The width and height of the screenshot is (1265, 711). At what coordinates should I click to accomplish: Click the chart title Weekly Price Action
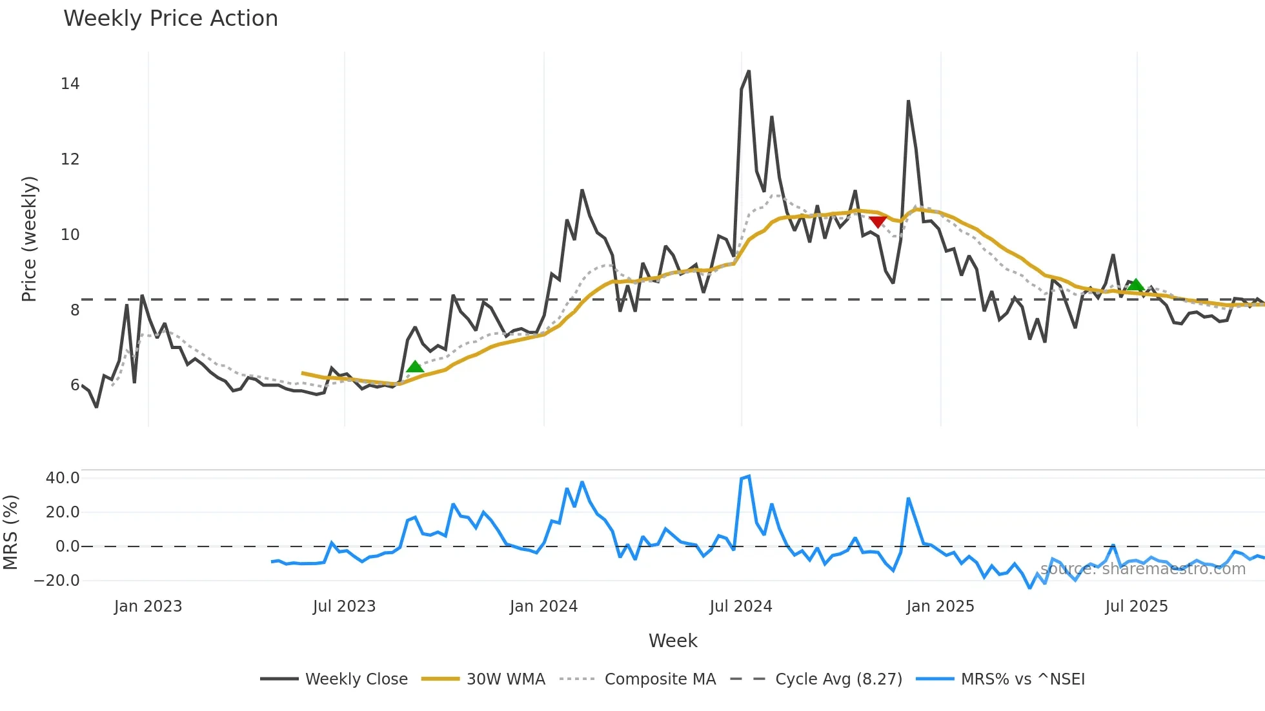pos(170,18)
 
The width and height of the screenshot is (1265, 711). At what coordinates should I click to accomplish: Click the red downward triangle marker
pos(878,222)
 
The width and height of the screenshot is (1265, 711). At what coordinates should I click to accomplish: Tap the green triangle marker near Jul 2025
pos(1136,285)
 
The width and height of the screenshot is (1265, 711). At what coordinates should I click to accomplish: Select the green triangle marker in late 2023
pos(415,366)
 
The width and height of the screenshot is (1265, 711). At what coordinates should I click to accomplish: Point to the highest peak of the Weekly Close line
pos(748,71)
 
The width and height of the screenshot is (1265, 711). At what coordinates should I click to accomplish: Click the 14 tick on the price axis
pos(70,83)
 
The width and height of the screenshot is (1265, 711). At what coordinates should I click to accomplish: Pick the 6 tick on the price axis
pos(75,385)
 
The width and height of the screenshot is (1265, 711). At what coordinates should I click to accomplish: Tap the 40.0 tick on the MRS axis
pos(63,478)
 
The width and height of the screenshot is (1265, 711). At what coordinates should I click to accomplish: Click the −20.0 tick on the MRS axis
pos(57,580)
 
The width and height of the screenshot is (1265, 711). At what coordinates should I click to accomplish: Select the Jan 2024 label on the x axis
pos(543,606)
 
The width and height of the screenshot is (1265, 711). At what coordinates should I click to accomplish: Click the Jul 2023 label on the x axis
pos(344,606)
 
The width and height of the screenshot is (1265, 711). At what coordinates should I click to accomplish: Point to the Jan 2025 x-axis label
pos(940,606)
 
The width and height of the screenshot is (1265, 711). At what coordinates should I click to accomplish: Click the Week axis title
pos(673,641)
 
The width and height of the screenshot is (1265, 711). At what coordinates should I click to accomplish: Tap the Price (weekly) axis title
pos(30,239)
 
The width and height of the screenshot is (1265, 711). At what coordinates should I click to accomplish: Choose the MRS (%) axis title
pos(11,532)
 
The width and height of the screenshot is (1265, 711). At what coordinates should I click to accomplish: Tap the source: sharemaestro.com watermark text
pos(1142,569)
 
